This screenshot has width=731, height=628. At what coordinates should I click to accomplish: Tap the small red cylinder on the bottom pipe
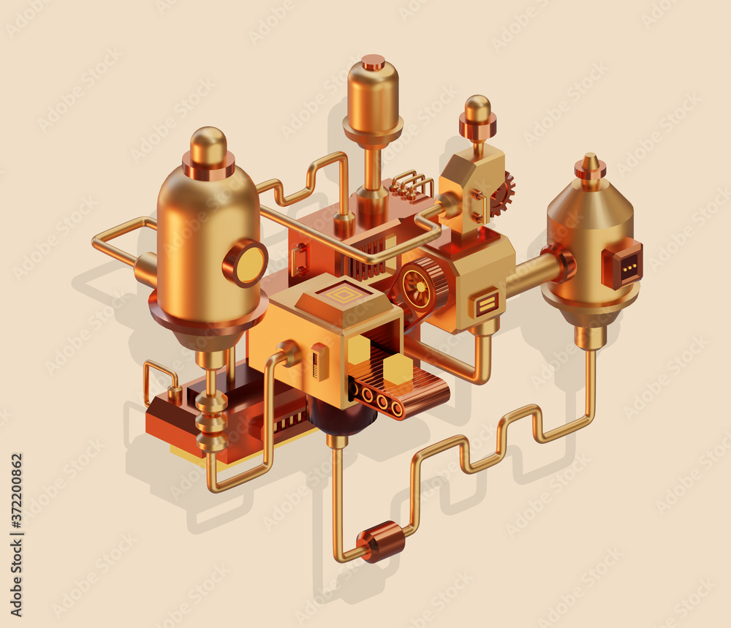point(382,541)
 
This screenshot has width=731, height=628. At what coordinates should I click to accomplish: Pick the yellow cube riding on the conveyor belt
point(398,370)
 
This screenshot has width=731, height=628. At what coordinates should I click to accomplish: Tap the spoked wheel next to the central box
point(417,284)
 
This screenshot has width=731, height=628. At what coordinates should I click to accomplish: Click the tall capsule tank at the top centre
point(373,99)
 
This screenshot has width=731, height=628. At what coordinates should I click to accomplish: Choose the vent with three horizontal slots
point(487,303)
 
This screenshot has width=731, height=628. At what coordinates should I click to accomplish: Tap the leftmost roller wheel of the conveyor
point(365,396)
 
